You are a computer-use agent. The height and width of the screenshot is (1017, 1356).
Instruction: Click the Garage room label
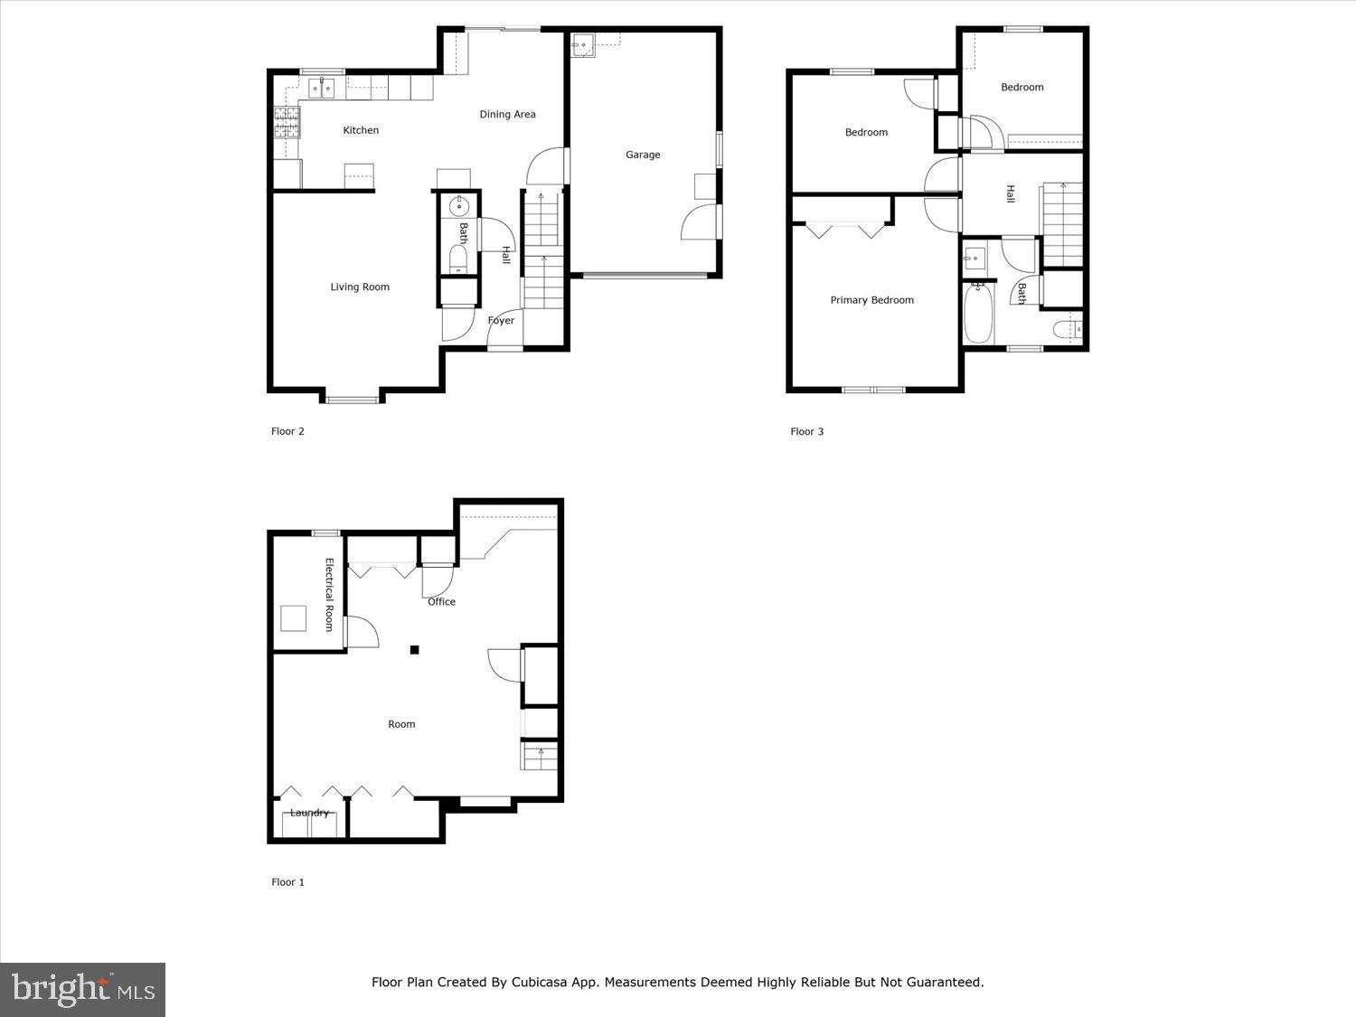tap(643, 155)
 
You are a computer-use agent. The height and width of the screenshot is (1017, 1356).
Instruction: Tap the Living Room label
tap(360, 287)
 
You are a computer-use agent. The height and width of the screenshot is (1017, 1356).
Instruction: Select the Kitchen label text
tap(361, 130)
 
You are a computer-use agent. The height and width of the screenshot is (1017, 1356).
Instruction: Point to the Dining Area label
tap(507, 115)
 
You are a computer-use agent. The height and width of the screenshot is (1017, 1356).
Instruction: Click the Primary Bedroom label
tap(871, 300)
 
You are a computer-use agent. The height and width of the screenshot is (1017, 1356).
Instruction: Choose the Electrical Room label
tap(330, 595)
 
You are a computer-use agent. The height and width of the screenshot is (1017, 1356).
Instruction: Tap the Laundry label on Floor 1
tap(309, 813)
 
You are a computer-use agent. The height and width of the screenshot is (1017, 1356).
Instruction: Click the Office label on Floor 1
tap(441, 602)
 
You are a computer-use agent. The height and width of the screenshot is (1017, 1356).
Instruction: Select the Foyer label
tap(501, 321)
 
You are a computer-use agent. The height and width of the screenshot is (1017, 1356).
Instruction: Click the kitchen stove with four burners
tap(286, 122)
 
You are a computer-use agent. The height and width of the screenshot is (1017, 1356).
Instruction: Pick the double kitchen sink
tap(321, 88)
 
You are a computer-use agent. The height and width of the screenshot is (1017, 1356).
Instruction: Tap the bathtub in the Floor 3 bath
tap(977, 313)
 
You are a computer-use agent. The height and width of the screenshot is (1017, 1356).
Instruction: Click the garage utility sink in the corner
tap(583, 44)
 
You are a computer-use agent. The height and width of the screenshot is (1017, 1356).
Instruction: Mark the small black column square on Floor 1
tap(414, 649)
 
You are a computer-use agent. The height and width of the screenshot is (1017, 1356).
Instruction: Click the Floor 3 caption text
tap(806, 432)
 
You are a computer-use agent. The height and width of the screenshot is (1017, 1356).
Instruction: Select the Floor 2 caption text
tap(287, 432)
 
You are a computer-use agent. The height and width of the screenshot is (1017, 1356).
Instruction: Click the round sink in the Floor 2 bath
tap(457, 203)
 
